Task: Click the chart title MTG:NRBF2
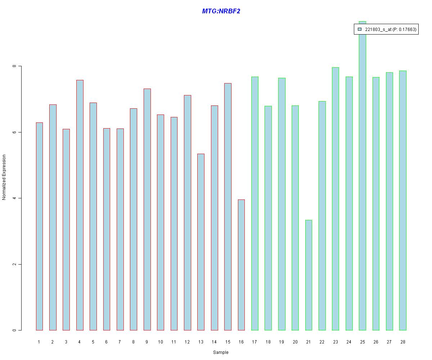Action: pyautogui.click(x=221, y=11)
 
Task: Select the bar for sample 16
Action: pyautogui.click(x=241, y=265)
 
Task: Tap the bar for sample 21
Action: pyautogui.click(x=309, y=275)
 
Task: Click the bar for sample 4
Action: pyautogui.click(x=80, y=205)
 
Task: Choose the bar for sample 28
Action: pyautogui.click(x=403, y=200)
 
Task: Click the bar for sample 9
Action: pyautogui.click(x=147, y=209)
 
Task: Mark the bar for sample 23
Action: pyautogui.click(x=336, y=199)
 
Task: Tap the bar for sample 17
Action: pyautogui.click(x=255, y=203)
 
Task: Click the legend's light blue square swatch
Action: pyautogui.click(x=359, y=29)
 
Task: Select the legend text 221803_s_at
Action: pyautogui.click(x=378, y=30)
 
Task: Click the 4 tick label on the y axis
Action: pyautogui.click(x=14, y=198)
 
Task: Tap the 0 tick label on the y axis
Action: pyautogui.click(x=14, y=330)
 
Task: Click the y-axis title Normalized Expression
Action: pyautogui.click(x=4, y=177)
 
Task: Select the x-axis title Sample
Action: pyautogui.click(x=221, y=352)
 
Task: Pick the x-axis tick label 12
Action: pyautogui.click(x=187, y=342)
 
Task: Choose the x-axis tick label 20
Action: pyautogui.click(x=295, y=342)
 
